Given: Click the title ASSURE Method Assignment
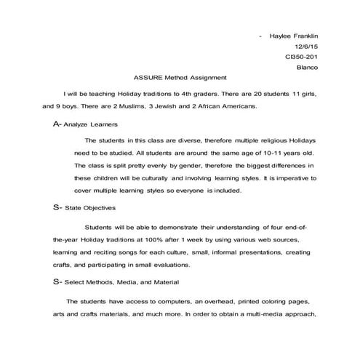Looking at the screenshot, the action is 180,78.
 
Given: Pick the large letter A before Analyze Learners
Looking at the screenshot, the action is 57,124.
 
